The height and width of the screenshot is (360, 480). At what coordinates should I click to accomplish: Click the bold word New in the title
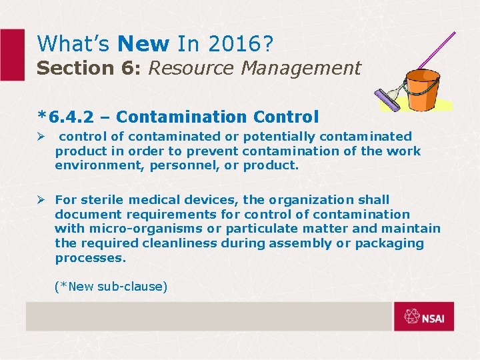coord(143,44)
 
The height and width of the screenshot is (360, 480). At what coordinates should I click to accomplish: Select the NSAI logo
coord(423,317)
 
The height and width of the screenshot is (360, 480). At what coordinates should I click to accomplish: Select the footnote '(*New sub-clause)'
coord(111,287)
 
